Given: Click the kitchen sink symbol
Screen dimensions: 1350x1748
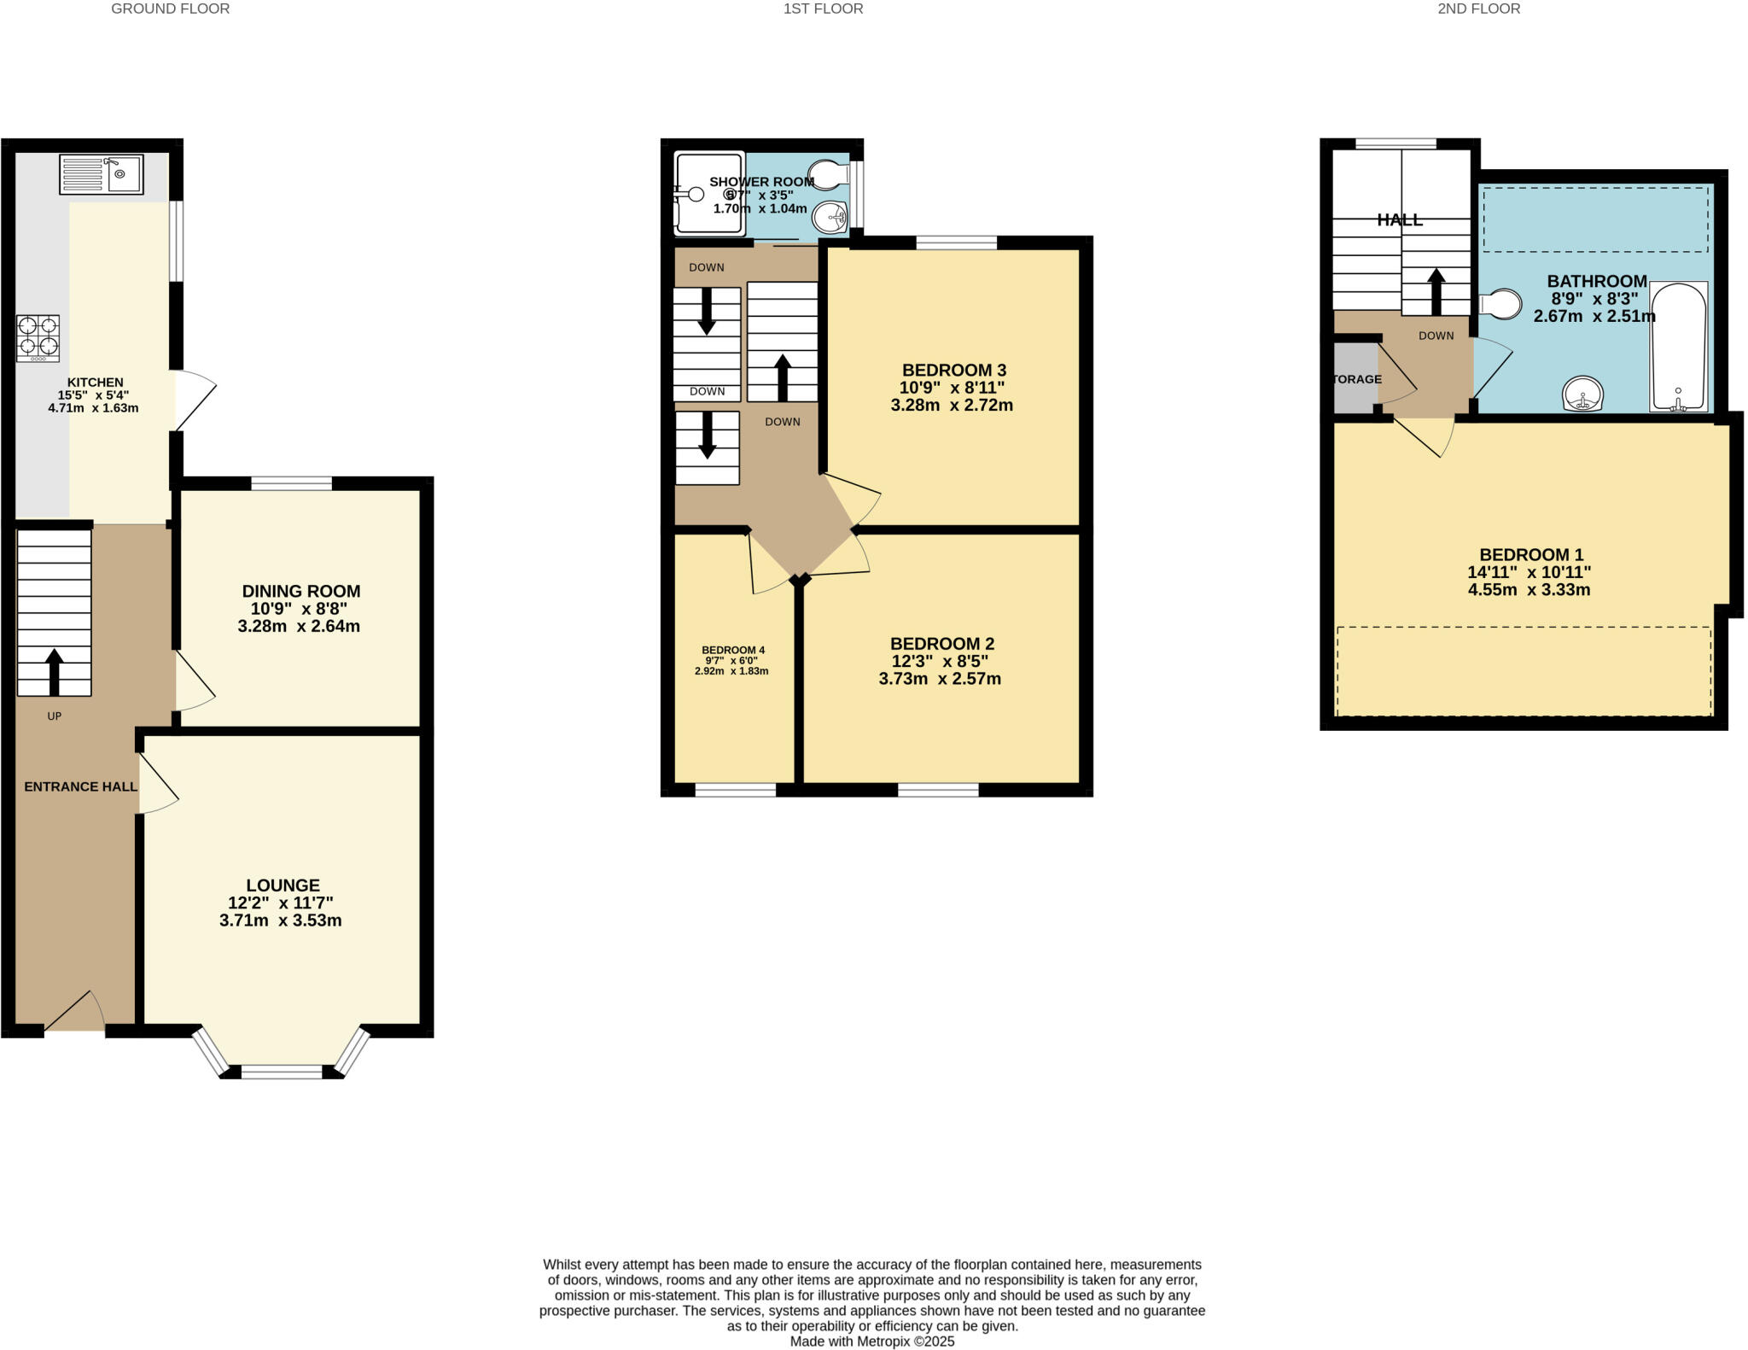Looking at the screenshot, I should (101, 174).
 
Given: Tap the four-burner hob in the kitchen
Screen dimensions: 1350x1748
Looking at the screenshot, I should (38, 336).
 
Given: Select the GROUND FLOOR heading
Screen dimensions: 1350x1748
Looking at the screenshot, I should (170, 9).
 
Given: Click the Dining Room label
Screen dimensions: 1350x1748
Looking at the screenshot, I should (300, 591).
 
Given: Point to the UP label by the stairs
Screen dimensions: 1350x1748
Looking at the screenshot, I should (54, 716).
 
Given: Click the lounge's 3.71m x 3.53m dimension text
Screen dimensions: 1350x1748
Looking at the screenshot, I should (280, 920).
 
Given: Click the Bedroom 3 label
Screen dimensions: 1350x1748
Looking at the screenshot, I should (953, 370).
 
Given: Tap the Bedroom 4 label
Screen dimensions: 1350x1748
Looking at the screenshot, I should (732, 650).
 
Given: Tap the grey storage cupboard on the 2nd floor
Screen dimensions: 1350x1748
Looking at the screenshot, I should (1355, 378).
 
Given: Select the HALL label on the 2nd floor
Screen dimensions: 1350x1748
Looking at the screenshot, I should (1399, 219).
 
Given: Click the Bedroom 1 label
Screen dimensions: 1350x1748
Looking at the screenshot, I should (1529, 554).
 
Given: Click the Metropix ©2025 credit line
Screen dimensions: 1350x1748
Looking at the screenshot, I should (871, 1341).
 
